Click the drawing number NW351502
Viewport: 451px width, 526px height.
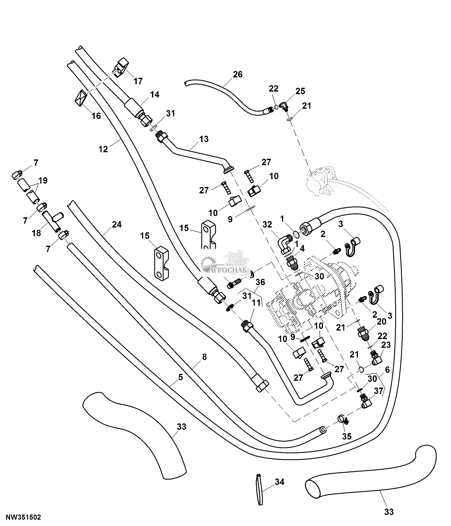(23, 517)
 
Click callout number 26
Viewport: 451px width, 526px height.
(238, 74)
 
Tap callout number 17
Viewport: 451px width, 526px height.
(138, 81)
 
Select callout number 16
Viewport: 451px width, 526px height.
(96, 116)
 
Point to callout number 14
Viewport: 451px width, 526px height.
(154, 95)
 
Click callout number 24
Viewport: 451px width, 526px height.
(117, 224)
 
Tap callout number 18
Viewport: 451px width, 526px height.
(36, 233)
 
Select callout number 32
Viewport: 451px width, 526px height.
(268, 224)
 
